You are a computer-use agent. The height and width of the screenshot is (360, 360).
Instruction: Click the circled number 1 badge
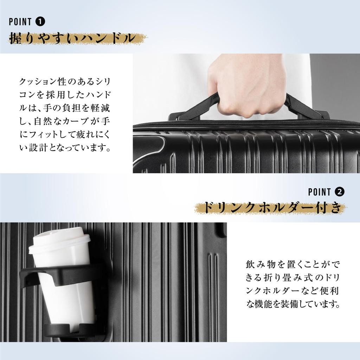tap(40, 22)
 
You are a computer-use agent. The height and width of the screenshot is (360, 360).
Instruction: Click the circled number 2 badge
tap(340, 192)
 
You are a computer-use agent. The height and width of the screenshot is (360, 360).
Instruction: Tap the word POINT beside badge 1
tap(20, 22)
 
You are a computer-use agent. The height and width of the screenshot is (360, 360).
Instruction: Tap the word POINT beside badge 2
tap(320, 192)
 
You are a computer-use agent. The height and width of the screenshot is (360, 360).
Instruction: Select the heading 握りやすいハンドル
tap(72, 38)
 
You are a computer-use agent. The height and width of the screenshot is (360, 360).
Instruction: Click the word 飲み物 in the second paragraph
tap(260, 264)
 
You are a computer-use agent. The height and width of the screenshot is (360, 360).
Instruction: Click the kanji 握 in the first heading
tap(16, 38)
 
